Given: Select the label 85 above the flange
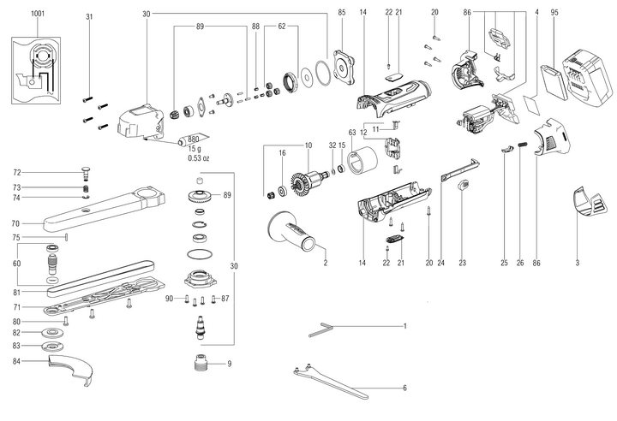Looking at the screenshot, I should click(x=341, y=12).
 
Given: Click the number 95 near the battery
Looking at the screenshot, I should click(x=554, y=12).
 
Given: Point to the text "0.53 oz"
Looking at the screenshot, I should click(x=198, y=157).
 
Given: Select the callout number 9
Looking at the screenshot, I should click(x=229, y=364).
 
